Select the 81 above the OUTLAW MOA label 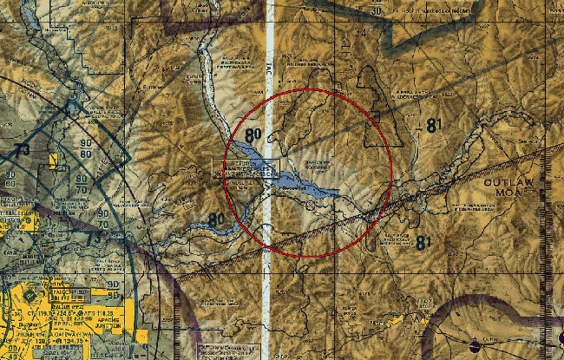[x=434, y=125]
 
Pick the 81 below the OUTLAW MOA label [x=423, y=243]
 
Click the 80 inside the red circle [x=253, y=135]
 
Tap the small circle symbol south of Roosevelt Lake [x=311, y=206]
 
